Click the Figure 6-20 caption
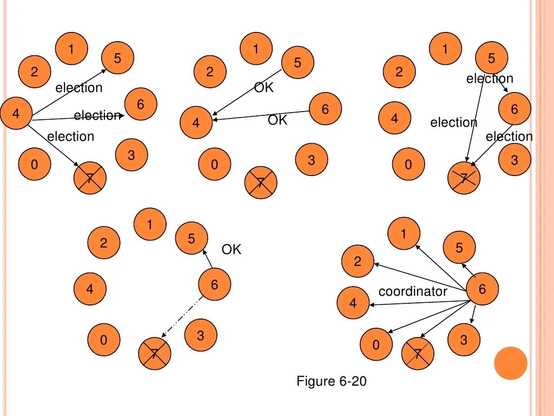[x=331, y=381]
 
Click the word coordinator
[x=413, y=291]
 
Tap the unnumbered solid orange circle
[x=510, y=363]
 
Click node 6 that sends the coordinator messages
[x=482, y=289]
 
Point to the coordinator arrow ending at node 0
[x=427, y=317]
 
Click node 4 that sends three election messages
[x=16, y=114]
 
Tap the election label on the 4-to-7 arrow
[x=70, y=136]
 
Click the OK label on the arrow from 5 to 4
[x=264, y=88]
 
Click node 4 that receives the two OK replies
[x=196, y=123]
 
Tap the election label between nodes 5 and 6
[x=490, y=79]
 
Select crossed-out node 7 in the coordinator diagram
[x=418, y=355]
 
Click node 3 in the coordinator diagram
[x=464, y=340]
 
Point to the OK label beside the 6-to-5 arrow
[x=231, y=250]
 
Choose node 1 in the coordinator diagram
[x=404, y=234]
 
